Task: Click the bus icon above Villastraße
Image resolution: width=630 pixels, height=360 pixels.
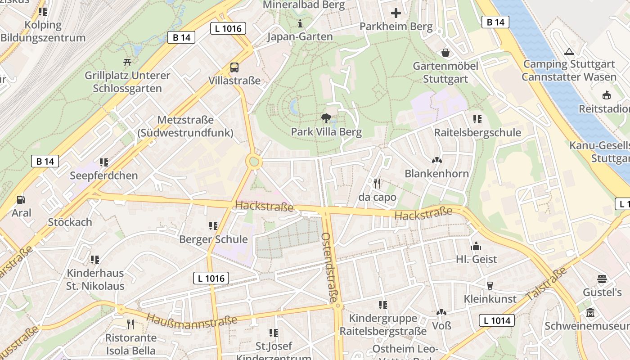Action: click(234, 67)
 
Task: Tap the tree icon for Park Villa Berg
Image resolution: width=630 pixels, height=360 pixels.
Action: click(326, 118)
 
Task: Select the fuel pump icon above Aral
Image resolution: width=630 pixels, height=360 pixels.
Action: click(21, 199)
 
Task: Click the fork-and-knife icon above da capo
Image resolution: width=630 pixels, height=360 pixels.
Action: click(377, 183)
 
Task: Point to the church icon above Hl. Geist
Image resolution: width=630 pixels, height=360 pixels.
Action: click(476, 246)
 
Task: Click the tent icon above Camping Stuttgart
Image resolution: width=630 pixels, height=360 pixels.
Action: click(569, 51)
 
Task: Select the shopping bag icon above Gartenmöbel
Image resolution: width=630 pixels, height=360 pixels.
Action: click(445, 53)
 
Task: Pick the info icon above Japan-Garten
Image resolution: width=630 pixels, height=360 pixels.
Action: click(300, 23)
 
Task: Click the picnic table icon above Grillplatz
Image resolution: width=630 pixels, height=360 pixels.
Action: click(127, 62)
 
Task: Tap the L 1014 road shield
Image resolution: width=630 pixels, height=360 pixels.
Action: click(497, 320)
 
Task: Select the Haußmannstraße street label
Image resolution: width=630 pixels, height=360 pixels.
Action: click(192, 321)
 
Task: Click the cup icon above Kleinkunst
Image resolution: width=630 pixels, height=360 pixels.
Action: click(490, 285)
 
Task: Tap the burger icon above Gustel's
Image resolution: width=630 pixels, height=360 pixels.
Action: click(602, 279)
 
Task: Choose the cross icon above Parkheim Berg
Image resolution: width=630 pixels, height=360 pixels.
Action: click(396, 13)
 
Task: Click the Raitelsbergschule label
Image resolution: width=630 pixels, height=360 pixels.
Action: click(477, 133)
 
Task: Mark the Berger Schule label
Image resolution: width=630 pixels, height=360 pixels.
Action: click(213, 239)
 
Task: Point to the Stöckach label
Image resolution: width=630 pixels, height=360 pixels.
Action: click(70, 222)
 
